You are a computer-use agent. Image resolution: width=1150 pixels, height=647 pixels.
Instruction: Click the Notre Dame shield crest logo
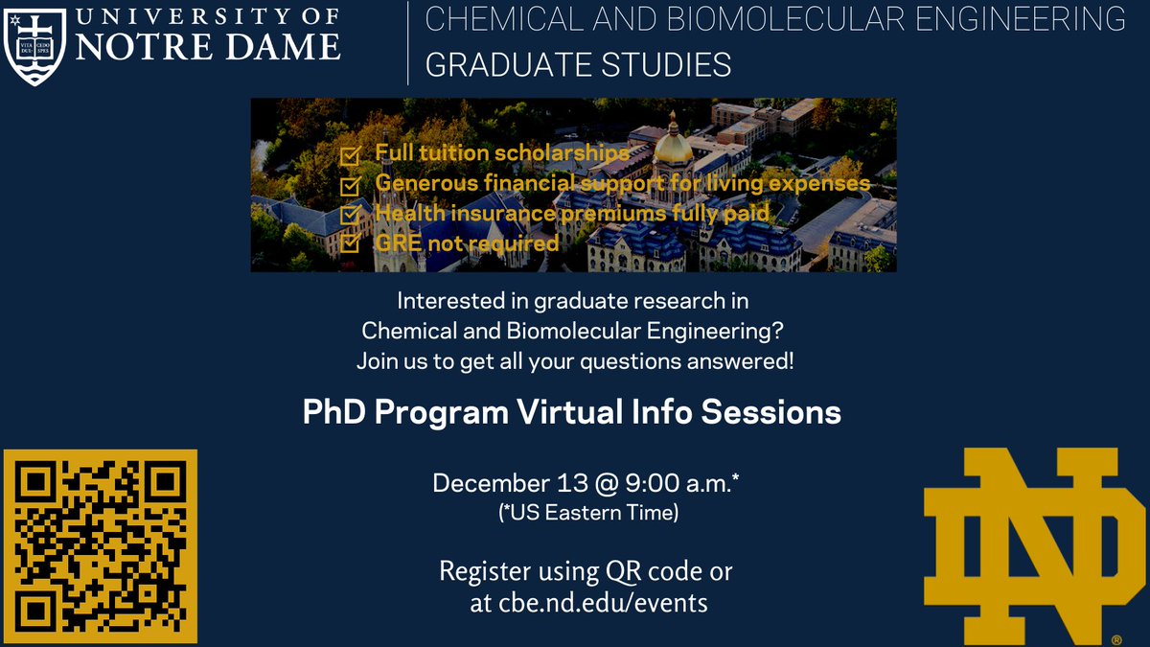point(36,44)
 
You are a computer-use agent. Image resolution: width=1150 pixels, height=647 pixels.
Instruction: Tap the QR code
point(100,546)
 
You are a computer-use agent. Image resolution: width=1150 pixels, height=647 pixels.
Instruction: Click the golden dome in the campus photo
point(673,143)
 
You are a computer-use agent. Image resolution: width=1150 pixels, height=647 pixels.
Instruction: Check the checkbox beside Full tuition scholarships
point(352,155)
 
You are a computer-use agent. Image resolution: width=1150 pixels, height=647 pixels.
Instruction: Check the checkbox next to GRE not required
point(352,243)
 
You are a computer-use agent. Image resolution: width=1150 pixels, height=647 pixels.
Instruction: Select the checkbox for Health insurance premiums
point(352,213)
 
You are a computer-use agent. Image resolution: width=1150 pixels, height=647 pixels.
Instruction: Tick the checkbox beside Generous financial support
point(352,183)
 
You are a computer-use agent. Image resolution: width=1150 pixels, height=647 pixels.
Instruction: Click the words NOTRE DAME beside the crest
point(206,45)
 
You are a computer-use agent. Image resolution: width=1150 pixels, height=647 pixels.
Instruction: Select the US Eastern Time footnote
point(588,514)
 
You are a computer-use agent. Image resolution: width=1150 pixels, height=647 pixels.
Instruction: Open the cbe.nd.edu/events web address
point(603,603)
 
